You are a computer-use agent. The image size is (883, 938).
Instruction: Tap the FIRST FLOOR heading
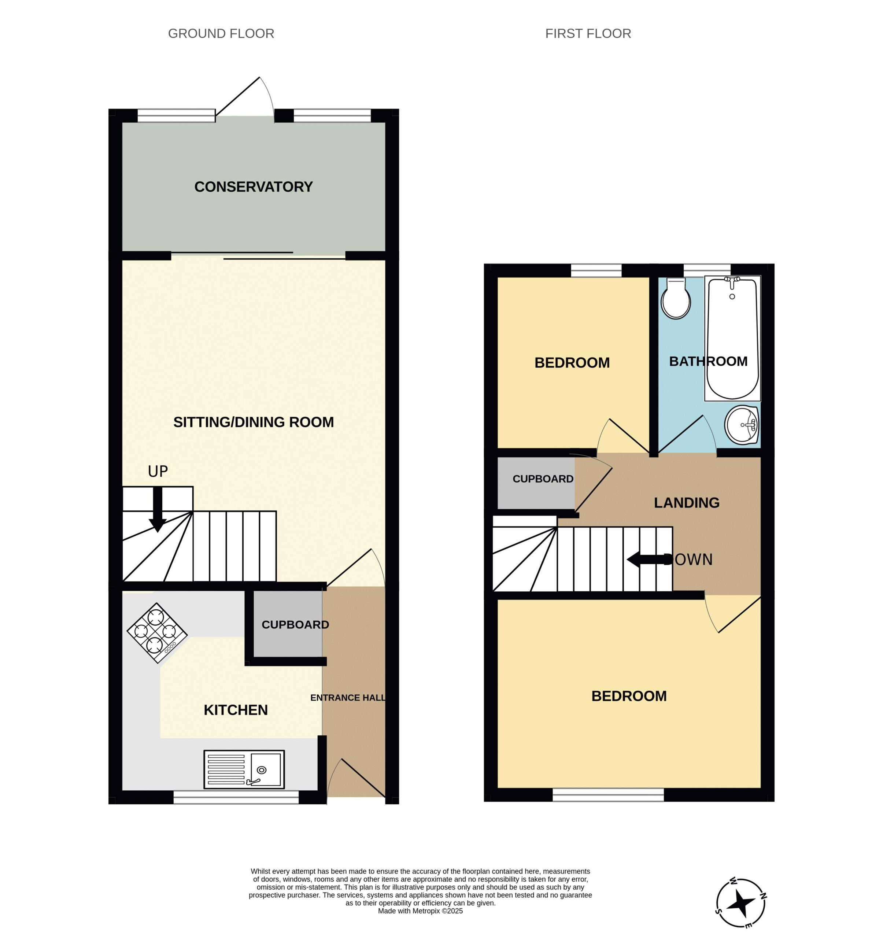tap(588, 33)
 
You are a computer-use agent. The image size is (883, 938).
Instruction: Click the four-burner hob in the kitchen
tap(157, 633)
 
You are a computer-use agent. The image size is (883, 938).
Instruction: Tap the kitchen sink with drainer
tap(244, 769)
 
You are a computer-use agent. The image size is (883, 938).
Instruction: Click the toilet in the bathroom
tap(676, 298)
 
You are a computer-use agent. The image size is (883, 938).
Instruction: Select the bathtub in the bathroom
tap(732, 338)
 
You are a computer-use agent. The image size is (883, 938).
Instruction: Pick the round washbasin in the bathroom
tap(742, 425)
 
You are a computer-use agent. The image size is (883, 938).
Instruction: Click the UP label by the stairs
tap(158, 471)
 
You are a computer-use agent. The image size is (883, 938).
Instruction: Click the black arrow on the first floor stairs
tap(649, 560)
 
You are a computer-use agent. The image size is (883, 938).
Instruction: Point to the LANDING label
tap(686, 502)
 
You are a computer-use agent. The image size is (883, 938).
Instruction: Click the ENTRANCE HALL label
tap(348, 697)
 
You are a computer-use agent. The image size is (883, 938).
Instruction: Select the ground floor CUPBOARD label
tap(295, 625)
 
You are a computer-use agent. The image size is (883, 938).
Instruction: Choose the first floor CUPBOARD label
tap(543, 479)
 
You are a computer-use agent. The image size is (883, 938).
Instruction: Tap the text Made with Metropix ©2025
tap(420, 911)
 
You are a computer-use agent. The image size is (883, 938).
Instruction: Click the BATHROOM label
tap(708, 361)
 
